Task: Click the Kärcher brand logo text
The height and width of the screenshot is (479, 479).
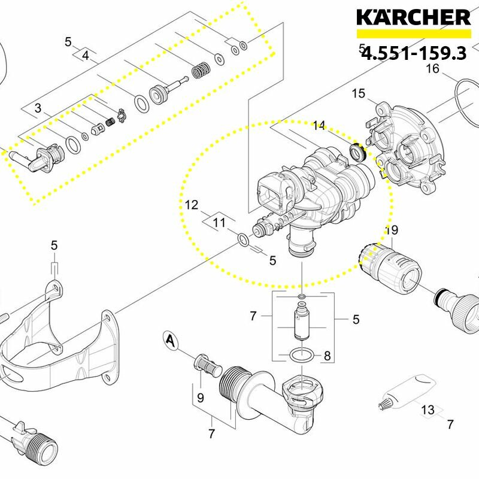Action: tap(413, 17)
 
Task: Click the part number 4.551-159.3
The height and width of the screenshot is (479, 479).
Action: tap(414, 53)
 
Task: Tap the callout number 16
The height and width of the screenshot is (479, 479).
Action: tap(432, 69)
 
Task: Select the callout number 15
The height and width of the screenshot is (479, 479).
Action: tap(358, 93)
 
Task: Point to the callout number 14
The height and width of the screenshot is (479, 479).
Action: tap(319, 126)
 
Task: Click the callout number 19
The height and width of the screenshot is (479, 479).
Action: tap(392, 230)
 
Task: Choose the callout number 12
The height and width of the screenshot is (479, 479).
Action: tap(192, 205)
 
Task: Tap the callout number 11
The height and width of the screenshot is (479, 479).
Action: tap(219, 222)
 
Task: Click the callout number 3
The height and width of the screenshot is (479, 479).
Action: tap(38, 108)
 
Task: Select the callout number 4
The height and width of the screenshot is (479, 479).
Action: tap(86, 56)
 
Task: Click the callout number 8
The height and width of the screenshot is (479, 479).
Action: tap(327, 356)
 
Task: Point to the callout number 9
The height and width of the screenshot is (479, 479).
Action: tap(200, 398)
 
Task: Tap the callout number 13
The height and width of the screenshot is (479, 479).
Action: tap(428, 410)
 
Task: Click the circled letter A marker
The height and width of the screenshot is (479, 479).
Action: tap(171, 340)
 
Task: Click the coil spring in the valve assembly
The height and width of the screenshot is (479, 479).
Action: tap(201, 70)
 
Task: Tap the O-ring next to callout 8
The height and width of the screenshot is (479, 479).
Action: tap(301, 355)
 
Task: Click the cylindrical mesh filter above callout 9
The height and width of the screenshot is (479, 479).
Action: tap(208, 366)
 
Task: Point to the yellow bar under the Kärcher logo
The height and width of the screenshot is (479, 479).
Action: tap(414, 34)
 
